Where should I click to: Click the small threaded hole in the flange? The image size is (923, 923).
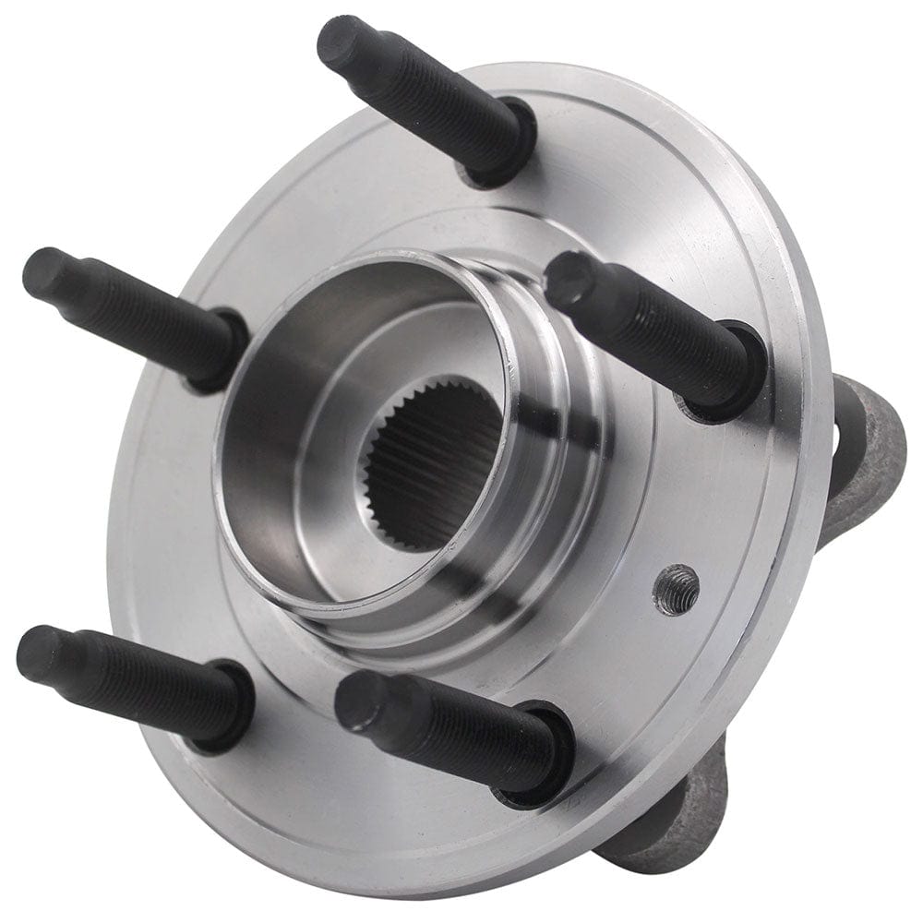click(x=676, y=588)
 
